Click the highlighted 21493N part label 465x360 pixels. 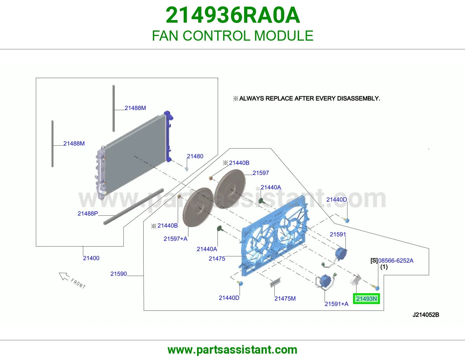coord(366,299)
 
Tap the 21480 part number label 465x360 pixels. coord(195,156)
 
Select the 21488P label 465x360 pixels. coord(87,214)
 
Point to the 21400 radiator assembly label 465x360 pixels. coord(91,258)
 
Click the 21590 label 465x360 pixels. coord(119,274)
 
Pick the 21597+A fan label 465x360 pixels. coord(176,239)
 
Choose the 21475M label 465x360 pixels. coord(285,298)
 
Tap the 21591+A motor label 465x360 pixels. coord(336,304)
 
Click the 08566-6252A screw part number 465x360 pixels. coord(396,261)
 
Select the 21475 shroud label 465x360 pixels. coord(217,259)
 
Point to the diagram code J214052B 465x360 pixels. coord(426,315)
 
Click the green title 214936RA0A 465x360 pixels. coord(233,15)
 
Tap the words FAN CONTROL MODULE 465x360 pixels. coord(233,36)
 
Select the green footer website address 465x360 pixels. coord(233,350)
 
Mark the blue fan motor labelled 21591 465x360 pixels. coord(340,254)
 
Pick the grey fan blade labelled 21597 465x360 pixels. coord(230,189)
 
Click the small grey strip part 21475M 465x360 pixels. coord(275,282)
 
